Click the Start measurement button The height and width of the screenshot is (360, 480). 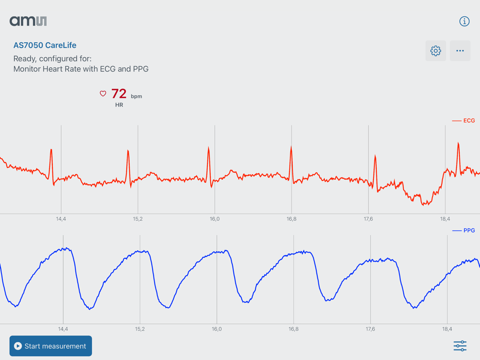50,346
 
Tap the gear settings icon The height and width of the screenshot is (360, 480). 436,51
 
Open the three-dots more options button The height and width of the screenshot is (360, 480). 460,51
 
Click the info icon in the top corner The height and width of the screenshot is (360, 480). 464,21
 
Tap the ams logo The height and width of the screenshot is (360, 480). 28,21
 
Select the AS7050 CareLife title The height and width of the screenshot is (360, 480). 45,45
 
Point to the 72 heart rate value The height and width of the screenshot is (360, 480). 119,94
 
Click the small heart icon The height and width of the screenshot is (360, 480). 103,94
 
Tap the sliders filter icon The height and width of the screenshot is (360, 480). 460,346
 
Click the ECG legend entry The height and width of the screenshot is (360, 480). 464,121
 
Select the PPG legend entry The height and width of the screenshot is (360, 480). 464,231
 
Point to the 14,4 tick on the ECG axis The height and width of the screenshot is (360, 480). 61,219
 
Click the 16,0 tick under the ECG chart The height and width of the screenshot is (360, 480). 215,219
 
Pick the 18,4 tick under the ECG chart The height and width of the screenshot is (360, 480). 445,219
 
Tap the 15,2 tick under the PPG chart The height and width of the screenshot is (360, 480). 140,329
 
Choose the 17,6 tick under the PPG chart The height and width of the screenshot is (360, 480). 370,329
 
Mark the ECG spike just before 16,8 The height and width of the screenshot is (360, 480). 291,147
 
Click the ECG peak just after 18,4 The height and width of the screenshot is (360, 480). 458,144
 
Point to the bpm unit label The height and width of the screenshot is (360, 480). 136,96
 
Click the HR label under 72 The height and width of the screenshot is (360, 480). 119,105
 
